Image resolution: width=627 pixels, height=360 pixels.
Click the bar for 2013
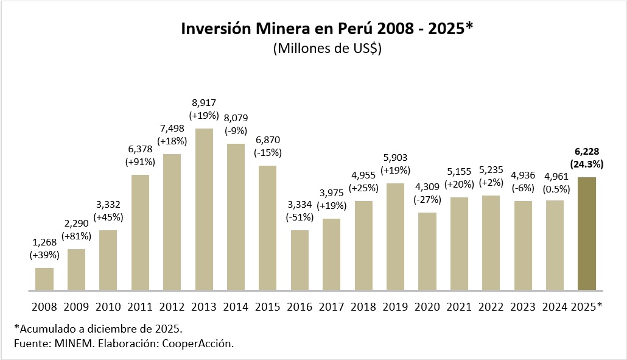coord(204,209)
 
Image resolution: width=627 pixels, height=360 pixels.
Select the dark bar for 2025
coord(587,233)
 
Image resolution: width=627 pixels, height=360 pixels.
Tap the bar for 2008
coord(44,278)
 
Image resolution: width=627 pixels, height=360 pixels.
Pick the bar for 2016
coord(299,259)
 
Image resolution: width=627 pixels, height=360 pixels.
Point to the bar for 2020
coord(427,251)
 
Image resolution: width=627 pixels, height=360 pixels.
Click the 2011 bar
coord(140,232)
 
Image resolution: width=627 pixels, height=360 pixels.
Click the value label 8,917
coord(204,103)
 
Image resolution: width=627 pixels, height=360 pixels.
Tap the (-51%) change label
coord(299,216)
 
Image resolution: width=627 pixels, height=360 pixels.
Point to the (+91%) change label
coord(140,161)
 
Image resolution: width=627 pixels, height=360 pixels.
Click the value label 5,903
coord(395,158)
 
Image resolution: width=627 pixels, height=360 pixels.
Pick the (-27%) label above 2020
coord(427,199)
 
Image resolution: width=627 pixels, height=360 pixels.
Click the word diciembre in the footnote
coord(115,329)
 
